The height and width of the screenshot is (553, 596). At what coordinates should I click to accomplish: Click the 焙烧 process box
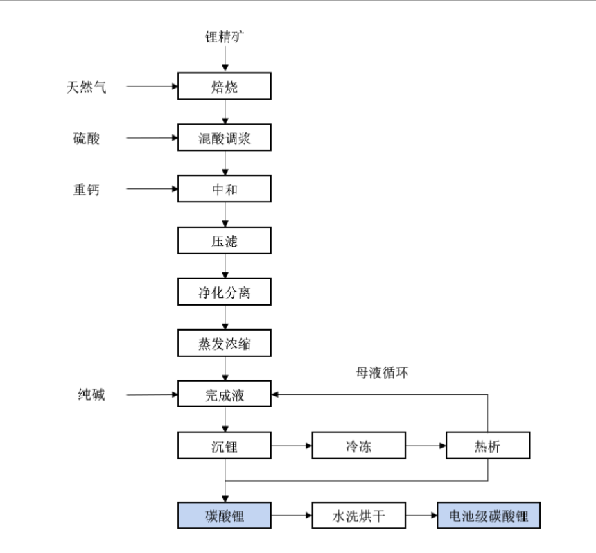coord(225,87)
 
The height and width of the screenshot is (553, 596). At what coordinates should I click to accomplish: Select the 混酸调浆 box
coord(225,138)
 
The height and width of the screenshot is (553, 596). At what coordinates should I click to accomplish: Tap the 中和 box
coord(225,189)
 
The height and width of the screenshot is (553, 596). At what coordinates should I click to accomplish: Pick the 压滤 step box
coord(225,240)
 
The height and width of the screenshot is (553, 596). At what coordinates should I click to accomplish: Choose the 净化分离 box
coord(225,292)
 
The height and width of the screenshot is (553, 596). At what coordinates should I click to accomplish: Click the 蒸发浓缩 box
coord(225,344)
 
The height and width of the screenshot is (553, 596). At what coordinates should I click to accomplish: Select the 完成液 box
coord(225,395)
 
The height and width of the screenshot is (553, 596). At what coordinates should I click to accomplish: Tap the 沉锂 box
coord(225,446)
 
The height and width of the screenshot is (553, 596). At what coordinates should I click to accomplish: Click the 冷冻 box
coord(358,446)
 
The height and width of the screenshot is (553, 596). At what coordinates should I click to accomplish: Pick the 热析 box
coord(488,446)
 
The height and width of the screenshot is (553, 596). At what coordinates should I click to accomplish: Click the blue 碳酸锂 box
coord(225,516)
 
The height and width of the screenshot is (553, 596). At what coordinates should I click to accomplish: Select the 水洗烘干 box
coord(358,516)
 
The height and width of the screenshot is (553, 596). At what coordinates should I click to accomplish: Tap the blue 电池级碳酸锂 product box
coord(488,516)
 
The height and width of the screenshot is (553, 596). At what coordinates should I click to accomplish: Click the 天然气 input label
coord(87,87)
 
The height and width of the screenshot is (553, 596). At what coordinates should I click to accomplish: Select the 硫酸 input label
coord(87,138)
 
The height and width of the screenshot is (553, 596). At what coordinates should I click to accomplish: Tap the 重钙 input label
coord(87,189)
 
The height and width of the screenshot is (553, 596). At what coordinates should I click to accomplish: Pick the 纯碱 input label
coord(91,396)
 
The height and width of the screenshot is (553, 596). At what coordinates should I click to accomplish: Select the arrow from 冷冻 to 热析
coord(426,446)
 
